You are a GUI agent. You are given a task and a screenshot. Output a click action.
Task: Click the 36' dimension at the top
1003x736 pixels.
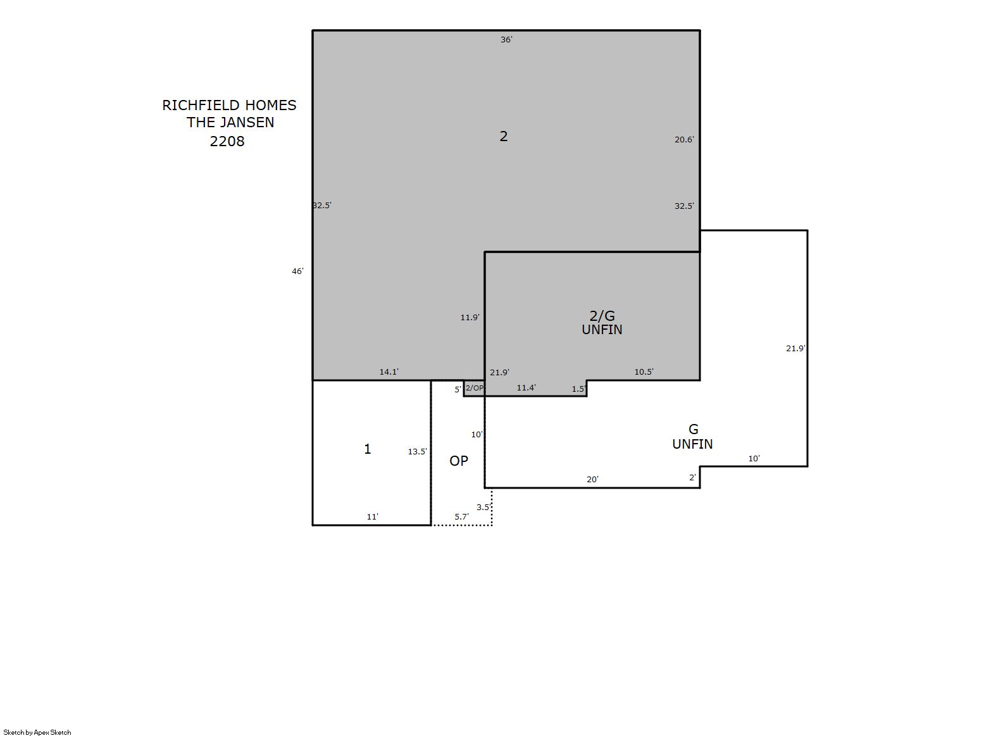click(x=506, y=40)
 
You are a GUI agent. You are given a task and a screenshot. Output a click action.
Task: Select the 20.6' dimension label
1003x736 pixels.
click(x=683, y=140)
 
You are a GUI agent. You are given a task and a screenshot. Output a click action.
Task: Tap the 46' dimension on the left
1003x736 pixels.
click(x=297, y=271)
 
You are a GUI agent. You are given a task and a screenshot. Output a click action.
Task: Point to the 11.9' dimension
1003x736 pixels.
click(x=470, y=318)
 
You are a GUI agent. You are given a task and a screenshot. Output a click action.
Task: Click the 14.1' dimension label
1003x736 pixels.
click(x=389, y=372)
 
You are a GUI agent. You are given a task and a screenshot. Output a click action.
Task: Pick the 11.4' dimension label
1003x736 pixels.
click(x=526, y=388)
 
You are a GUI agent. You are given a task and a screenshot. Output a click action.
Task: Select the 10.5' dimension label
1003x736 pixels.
click(x=644, y=372)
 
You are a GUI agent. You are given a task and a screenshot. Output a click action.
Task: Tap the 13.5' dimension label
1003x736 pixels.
click(x=417, y=452)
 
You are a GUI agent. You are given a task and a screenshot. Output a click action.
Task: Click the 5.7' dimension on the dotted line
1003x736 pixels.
click(x=461, y=517)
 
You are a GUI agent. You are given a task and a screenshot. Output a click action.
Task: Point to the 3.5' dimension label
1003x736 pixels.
click(x=483, y=508)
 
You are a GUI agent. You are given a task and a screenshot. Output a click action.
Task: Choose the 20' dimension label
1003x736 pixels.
click(x=592, y=480)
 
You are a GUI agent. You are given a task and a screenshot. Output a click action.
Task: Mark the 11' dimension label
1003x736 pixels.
click(x=372, y=517)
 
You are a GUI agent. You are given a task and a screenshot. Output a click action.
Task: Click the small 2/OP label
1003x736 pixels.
click(x=474, y=388)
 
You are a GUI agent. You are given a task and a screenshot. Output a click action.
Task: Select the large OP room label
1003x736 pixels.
click(x=459, y=461)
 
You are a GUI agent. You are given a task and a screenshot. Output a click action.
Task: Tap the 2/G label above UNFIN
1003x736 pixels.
click(x=602, y=316)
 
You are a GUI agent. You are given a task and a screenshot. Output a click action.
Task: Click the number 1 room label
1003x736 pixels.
click(x=367, y=449)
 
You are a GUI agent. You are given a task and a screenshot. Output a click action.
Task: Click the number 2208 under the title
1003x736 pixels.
click(x=227, y=141)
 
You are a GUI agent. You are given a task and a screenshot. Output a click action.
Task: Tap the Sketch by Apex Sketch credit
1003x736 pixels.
click(x=37, y=732)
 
